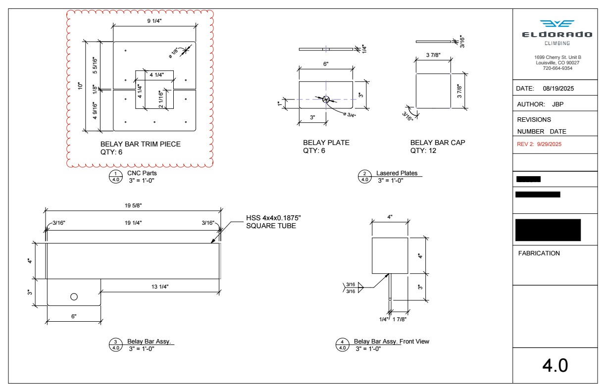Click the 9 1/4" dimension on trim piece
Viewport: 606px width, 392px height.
[155, 21]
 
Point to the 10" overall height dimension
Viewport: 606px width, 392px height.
[81, 86]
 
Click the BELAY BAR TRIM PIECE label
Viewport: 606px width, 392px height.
[141, 144]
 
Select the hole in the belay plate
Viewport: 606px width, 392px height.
[326, 99]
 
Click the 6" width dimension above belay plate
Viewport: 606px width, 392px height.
[326, 64]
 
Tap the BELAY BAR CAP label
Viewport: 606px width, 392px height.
[438, 143]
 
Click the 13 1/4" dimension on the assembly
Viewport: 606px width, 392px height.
[161, 286]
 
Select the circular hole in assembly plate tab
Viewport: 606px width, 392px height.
[74, 296]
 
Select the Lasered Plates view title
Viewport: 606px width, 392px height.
[397, 173]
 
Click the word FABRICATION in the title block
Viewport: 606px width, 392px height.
[539, 253]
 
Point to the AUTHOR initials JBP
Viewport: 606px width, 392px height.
[557, 104]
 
